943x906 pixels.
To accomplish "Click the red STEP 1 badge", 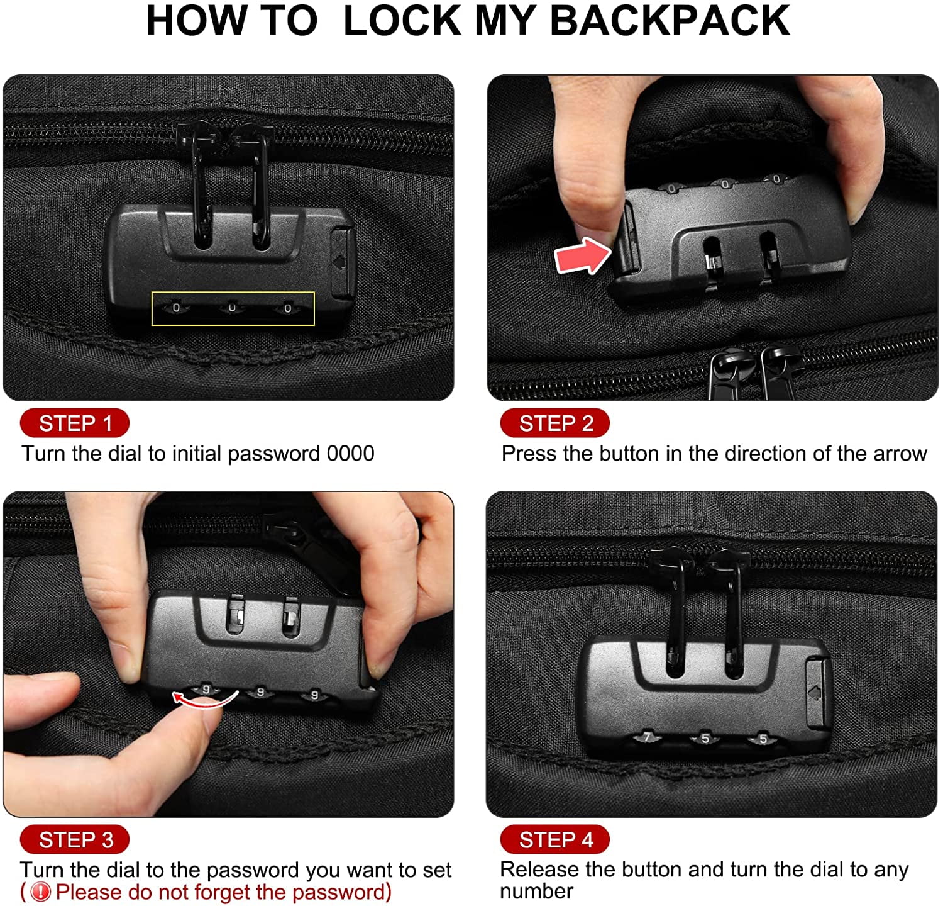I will pyautogui.click(x=75, y=423).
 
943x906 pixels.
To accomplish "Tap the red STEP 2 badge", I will pyautogui.click(x=555, y=423).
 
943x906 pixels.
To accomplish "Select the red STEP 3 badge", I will pyautogui.click(x=75, y=840).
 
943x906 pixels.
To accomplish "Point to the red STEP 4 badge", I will pyautogui.click(x=555, y=840).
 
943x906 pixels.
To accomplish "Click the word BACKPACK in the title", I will pyautogui.click(x=670, y=21).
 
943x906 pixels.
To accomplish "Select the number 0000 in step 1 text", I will pyautogui.click(x=350, y=454).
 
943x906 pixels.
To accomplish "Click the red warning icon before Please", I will pyautogui.click(x=41, y=892).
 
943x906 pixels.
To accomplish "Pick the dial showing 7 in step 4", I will pyautogui.click(x=647, y=737).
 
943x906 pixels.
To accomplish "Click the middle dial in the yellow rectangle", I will pyautogui.click(x=232, y=308).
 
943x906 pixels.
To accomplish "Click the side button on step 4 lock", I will pyautogui.click(x=817, y=691).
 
